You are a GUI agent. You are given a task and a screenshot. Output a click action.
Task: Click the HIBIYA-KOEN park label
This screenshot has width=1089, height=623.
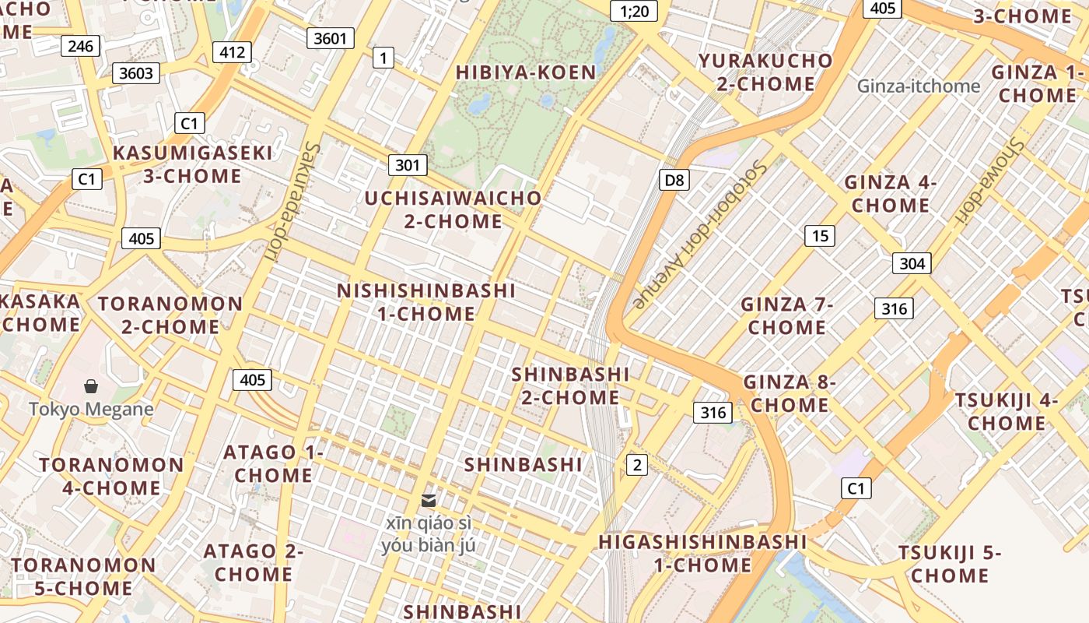pos(526,72)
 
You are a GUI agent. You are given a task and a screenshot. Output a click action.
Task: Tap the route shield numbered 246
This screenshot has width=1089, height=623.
pos(80,46)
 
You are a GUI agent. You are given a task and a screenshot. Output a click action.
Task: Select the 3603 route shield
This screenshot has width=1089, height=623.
pos(136,73)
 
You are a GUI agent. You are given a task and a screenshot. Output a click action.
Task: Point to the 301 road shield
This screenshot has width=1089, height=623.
pos(407,165)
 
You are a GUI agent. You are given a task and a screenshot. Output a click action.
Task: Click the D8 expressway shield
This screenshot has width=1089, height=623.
pos(674,181)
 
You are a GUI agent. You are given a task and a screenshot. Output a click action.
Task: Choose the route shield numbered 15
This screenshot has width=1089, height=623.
pos(819,235)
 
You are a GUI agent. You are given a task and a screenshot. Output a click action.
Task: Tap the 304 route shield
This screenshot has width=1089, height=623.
pos(912,263)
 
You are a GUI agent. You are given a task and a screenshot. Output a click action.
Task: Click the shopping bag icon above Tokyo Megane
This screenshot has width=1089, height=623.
pos(91,386)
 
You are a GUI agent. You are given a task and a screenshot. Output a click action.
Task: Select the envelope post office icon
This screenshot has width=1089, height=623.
pos(429,500)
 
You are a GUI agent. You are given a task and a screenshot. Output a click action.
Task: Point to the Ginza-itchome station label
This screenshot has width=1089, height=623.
pos(919,86)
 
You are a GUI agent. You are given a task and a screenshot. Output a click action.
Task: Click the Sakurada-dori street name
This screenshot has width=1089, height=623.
pos(289,195)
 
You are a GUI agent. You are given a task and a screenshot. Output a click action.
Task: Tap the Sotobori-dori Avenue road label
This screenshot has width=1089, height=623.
pos(700,234)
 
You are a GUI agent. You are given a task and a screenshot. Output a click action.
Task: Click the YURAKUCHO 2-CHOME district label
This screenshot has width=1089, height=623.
pos(765,72)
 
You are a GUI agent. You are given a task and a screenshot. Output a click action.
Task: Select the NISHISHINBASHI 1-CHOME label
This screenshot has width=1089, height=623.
pos(426,302)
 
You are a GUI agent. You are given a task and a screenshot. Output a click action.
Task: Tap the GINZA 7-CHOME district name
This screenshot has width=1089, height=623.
pos(786,315)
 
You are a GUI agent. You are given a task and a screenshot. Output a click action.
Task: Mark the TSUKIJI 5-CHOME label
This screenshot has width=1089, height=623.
pos(950,565)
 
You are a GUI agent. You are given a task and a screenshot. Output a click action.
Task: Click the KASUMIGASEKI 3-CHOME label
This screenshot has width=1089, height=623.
pos(193,164)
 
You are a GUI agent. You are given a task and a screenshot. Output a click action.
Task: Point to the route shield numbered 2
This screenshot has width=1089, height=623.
pos(637,465)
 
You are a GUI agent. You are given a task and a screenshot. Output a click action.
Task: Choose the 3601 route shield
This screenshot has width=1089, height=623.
pos(331,38)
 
